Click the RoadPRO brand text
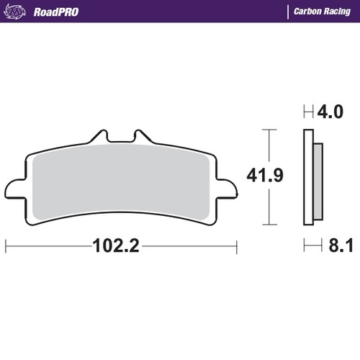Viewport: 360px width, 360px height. pyautogui.click(x=56, y=12)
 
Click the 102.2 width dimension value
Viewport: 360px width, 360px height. pyautogui.click(x=115, y=246)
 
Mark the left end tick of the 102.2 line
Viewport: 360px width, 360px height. pyautogui.click(x=6, y=246)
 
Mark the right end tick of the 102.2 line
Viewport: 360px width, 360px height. pyautogui.click(x=236, y=246)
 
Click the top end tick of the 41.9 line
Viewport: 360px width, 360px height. pyautogui.click(x=269, y=130)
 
